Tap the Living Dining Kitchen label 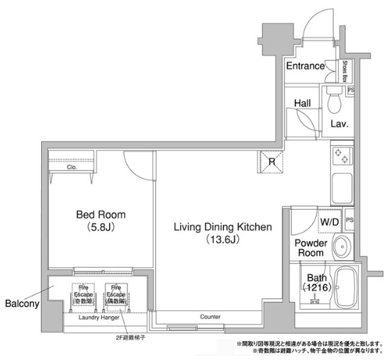(223, 227)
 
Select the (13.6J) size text (223, 240)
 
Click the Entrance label (305, 66)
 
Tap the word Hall (302, 103)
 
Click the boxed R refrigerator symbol (272, 162)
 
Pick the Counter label (211, 317)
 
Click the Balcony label (21, 304)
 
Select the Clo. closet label (72, 168)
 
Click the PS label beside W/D (349, 220)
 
